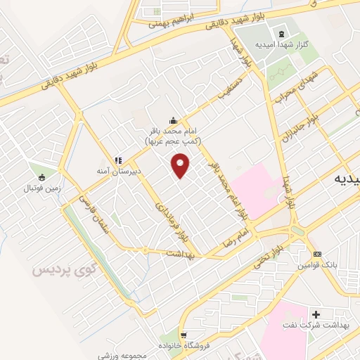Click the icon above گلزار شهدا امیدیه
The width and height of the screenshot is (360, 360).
pyautogui.click(x=282, y=34)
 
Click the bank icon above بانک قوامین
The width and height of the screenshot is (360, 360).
pyautogui.click(x=317, y=253)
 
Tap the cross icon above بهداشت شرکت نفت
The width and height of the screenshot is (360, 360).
pyautogui.click(x=315, y=314)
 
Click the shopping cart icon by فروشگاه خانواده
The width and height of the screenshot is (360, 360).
pyautogui.click(x=184, y=335)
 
